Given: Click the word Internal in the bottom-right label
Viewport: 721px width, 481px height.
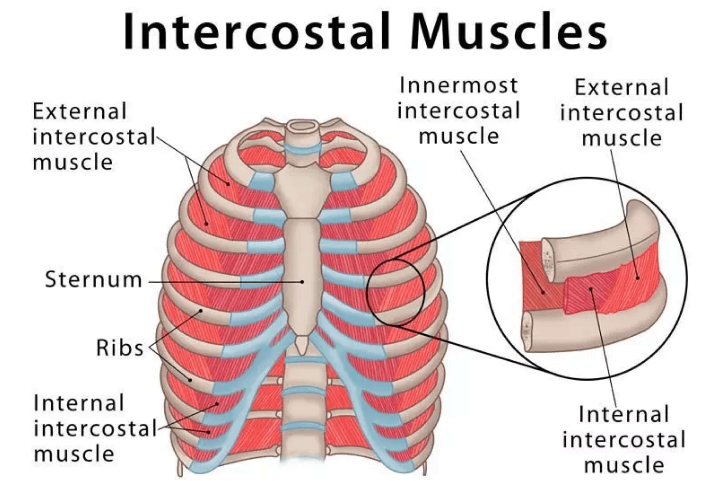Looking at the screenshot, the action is click(624, 414).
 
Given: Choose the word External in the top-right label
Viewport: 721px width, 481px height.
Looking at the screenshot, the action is click(621, 87).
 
